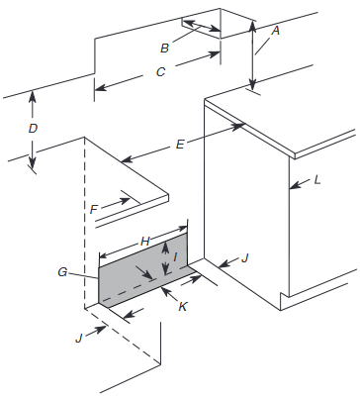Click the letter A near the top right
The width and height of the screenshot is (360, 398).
tap(275, 31)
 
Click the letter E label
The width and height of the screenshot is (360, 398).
tap(179, 145)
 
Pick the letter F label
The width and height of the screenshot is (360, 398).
tap(94, 209)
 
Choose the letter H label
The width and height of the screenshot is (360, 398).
tap(144, 241)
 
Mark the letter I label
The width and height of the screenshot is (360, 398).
tap(176, 257)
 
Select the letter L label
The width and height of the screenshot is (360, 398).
tap(316, 181)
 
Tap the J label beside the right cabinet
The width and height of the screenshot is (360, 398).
tap(245, 257)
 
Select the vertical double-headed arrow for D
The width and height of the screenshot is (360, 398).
tap(33, 131)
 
